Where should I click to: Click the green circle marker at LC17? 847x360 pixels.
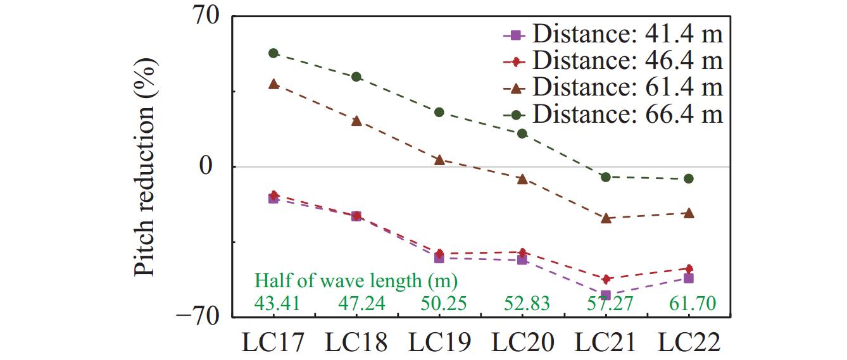click(x=273, y=53)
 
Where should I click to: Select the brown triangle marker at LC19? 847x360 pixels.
click(x=439, y=160)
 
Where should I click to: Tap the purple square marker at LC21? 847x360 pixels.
click(x=606, y=295)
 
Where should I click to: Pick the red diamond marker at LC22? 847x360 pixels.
click(x=689, y=268)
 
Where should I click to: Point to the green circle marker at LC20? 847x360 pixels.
click(x=522, y=133)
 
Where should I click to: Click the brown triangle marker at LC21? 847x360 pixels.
click(x=606, y=218)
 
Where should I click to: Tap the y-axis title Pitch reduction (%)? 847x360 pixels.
click(x=146, y=166)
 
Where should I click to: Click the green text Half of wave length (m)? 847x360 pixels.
click(x=356, y=280)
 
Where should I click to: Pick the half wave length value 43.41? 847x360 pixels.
click(x=278, y=304)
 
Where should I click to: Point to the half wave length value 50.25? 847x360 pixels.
click(x=444, y=304)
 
